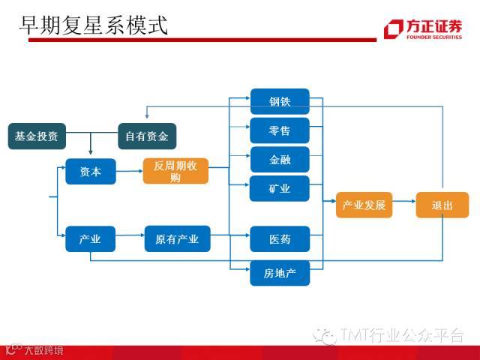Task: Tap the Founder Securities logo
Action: click(424, 28)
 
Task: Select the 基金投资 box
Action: click(36, 136)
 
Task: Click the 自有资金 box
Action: click(146, 136)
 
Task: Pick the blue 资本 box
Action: click(90, 172)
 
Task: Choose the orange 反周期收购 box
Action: click(175, 172)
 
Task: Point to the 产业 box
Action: click(90, 239)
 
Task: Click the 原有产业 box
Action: click(177, 239)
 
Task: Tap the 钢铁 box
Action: click(280, 102)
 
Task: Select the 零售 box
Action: click(280, 130)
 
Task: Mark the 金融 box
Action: click(280, 160)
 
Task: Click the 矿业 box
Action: click(280, 188)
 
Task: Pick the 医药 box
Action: click(280, 239)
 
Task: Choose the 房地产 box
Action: click(280, 273)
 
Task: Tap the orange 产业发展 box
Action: click(364, 205)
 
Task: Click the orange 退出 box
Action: click(442, 205)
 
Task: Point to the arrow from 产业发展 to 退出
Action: click(403, 205)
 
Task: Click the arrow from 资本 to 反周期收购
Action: click(129, 172)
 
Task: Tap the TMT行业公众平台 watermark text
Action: click(401, 335)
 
